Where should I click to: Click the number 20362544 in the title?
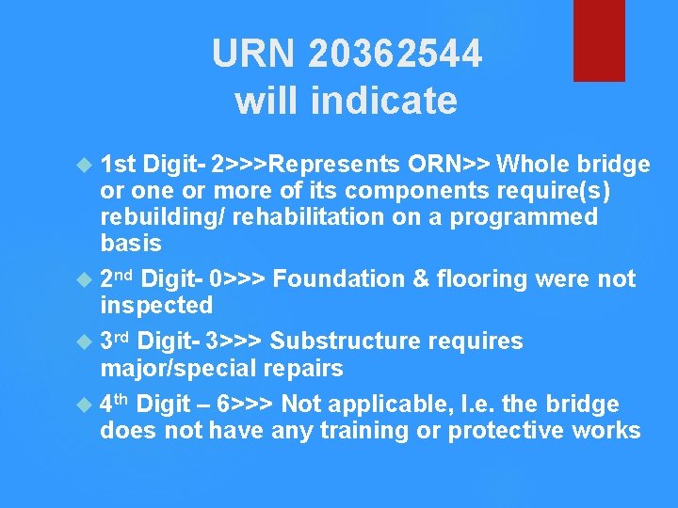click(395, 54)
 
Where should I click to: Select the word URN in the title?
click(253, 54)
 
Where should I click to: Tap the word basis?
click(131, 244)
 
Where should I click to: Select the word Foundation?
click(343, 278)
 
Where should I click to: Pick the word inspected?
click(156, 305)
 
